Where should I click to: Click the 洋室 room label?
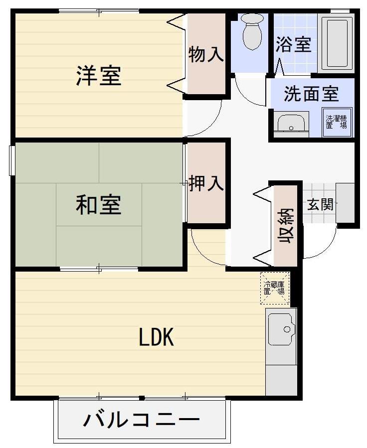[x=99, y=76]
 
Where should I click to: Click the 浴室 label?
[x=293, y=44]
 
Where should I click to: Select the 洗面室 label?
[x=311, y=94]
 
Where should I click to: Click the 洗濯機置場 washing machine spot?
[x=337, y=122]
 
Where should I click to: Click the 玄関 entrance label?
[x=320, y=204]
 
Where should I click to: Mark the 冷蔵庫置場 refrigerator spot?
[x=275, y=288]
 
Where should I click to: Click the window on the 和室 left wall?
[x=12, y=160]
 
